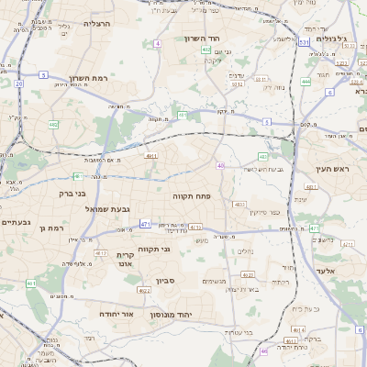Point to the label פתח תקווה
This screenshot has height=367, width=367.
(190, 195)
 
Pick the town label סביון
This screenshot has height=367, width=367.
(166, 281)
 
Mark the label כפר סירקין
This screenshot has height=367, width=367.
(262, 212)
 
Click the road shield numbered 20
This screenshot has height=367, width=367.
(19, 83)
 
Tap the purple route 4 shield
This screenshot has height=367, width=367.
(158, 43)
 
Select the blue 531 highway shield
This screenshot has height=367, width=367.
(304, 41)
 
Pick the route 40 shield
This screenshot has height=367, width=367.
(220, 165)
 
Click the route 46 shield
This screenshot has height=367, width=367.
(263, 350)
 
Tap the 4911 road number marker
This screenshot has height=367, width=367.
(151, 156)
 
